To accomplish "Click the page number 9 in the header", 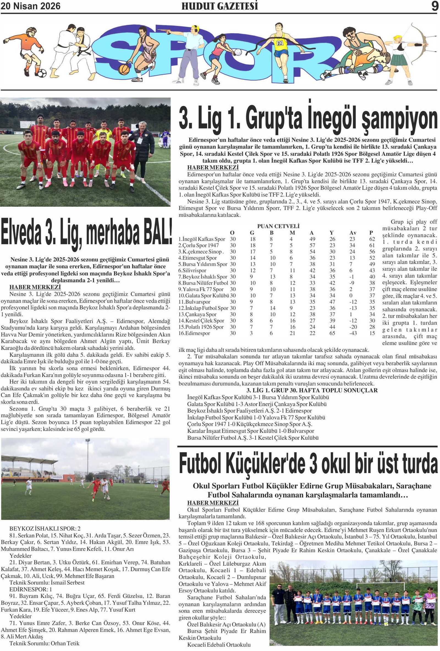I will click(x=435, y=6).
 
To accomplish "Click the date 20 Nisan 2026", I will click(x=31, y=6).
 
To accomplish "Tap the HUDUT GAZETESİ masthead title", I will click(x=220, y=6).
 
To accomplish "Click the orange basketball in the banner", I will click(x=124, y=69).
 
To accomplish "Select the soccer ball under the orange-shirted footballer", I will click(x=42, y=73).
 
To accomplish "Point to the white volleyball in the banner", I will click(x=238, y=52).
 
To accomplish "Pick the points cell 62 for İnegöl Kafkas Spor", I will click(x=372, y=239).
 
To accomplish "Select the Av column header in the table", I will click(x=353, y=233).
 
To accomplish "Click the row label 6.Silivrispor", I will click(x=192, y=270).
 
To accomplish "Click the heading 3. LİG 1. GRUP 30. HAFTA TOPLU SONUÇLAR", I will click(x=312, y=390).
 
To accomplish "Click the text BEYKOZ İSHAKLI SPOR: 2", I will click(x=45, y=529).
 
